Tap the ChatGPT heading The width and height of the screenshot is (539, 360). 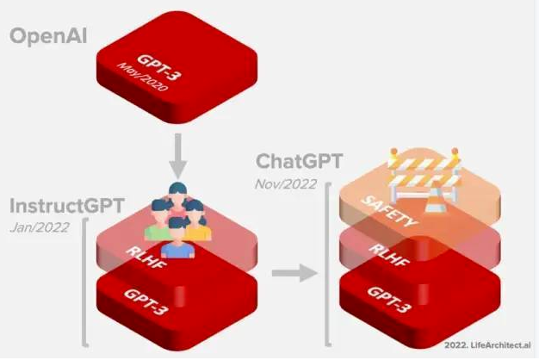click(300, 162)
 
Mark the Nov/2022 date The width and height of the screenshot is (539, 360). click(285, 183)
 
